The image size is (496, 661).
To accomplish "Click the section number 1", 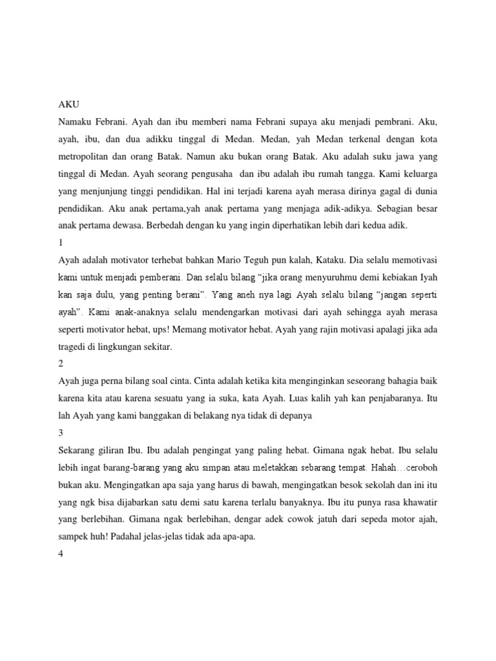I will click(61, 243).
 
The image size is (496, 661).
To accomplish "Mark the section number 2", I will click(61, 364).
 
